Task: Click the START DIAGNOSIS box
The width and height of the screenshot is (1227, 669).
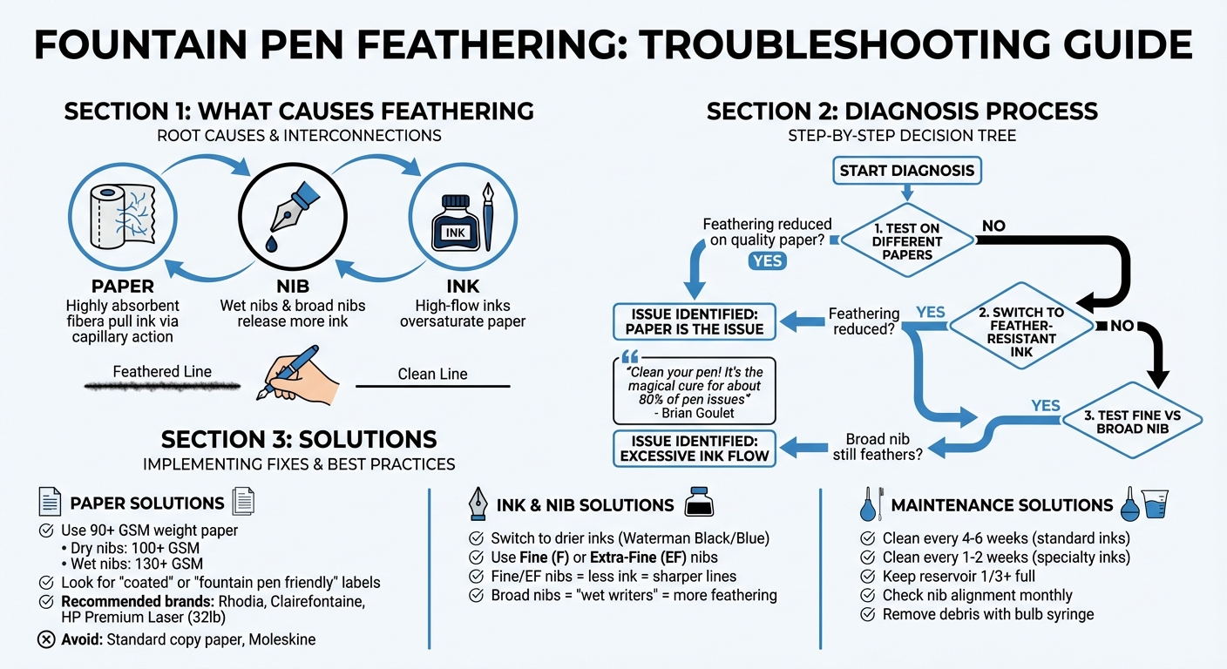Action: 907,171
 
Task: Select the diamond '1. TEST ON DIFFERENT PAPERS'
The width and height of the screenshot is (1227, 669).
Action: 907,241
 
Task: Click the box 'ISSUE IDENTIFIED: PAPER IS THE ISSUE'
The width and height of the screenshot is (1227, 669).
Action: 695,321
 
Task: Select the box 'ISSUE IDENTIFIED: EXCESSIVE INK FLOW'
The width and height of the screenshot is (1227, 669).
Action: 695,448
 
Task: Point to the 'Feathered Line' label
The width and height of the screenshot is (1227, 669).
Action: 162,372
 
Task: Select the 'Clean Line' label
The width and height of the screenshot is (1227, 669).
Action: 432,374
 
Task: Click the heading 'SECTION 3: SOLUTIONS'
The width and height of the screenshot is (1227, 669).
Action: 299,438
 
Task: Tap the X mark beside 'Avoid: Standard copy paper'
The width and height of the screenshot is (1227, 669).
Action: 46,639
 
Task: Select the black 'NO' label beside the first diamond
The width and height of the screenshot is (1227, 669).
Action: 993,226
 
